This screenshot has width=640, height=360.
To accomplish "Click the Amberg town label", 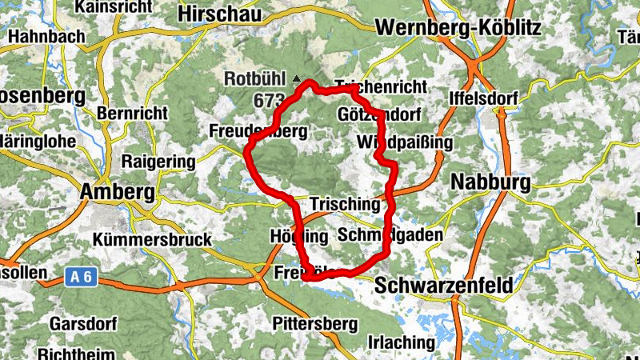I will [117, 192].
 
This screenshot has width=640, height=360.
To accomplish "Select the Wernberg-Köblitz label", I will [458, 28].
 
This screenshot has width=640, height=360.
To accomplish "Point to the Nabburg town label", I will [490, 182].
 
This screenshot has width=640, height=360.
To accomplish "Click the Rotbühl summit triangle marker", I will [298, 79].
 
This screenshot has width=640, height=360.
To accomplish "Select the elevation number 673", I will [269, 101].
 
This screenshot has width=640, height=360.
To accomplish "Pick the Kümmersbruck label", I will [152, 239].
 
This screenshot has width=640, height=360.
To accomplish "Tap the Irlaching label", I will [401, 342].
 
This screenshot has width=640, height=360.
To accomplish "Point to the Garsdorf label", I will [84, 324].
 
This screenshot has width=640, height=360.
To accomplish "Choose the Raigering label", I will [158, 162].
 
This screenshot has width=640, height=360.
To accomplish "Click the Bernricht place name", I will [133, 114].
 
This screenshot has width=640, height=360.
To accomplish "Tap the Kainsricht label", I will [112, 7].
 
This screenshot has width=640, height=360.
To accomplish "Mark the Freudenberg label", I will [258, 130].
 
